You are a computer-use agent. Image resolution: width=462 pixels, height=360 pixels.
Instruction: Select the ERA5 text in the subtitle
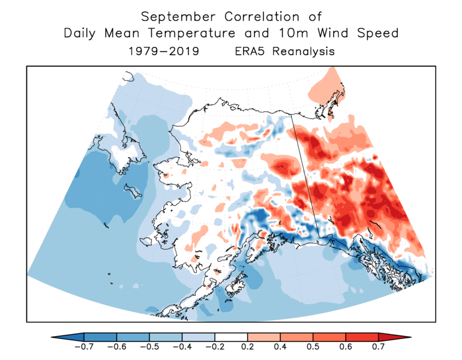click(x=251, y=51)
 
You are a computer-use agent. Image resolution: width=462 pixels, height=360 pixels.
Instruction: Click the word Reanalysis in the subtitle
click(x=303, y=52)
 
